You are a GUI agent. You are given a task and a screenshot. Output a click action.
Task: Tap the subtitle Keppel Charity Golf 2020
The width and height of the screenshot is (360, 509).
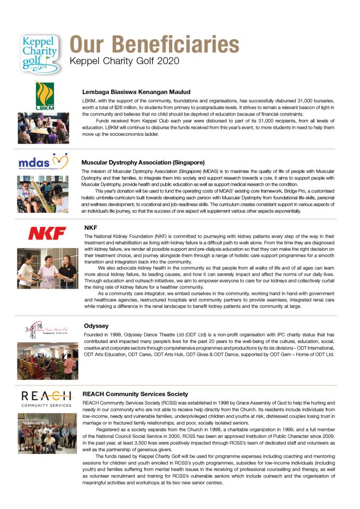click(124, 60)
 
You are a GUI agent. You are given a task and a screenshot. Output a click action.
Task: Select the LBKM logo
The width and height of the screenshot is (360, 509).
click(45, 96)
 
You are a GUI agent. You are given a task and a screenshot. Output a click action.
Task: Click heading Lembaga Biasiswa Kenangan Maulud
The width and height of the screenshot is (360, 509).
click(136, 91)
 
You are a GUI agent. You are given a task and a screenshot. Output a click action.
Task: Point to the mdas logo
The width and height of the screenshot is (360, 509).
click(43, 161)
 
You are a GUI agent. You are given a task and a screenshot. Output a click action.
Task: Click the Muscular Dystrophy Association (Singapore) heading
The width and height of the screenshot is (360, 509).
click(143, 162)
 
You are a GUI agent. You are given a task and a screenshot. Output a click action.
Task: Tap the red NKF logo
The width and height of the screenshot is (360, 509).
click(47, 233)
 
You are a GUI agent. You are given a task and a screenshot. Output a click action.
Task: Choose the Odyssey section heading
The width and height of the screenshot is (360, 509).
click(96, 326)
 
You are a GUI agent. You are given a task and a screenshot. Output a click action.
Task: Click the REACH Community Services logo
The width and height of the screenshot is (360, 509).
click(47, 398)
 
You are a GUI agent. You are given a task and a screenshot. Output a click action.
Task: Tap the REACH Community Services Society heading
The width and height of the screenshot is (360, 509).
click(135, 394)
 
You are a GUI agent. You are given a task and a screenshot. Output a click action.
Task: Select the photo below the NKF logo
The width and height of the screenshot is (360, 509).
click(47, 268)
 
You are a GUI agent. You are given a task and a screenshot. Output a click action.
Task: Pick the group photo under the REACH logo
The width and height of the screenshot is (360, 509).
click(47, 431)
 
